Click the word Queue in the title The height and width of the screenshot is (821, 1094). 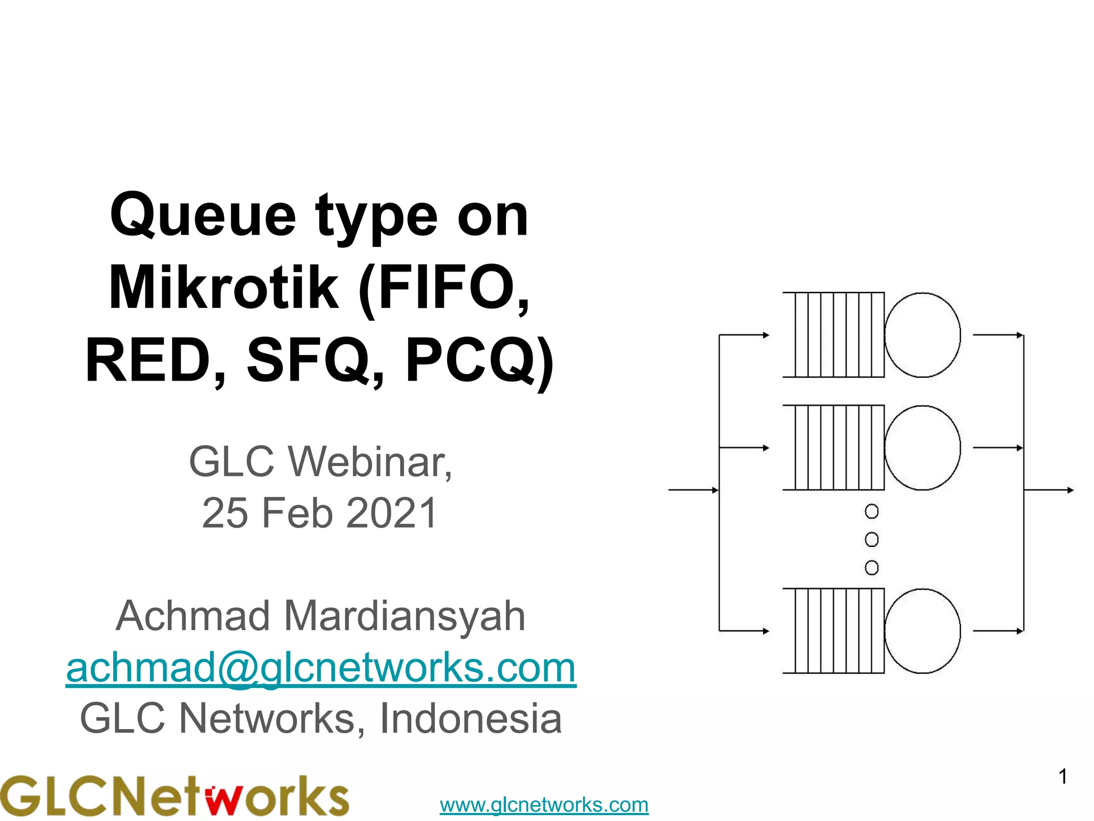click(203, 216)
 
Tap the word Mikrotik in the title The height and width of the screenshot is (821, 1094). click(224, 289)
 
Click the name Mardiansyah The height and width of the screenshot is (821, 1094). click(404, 616)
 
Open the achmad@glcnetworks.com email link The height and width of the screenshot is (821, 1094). click(321, 668)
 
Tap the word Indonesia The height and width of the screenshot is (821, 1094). click(470, 719)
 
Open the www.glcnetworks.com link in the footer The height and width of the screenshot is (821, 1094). click(544, 804)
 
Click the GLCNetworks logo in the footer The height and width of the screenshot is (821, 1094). click(174, 796)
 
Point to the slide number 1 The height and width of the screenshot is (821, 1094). click(1062, 777)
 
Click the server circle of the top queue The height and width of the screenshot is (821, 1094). click(922, 335)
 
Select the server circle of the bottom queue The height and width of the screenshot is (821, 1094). click(922, 631)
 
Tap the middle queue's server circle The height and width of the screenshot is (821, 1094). click(922, 447)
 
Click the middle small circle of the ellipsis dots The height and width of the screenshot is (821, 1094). click(871, 539)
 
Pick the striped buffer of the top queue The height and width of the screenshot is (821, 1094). click(833, 335)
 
